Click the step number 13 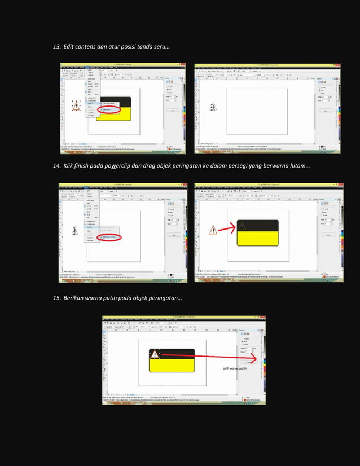point(56,45)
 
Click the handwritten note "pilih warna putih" point(235,368)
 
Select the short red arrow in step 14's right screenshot point(226,229)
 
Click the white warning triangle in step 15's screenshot point(155,354)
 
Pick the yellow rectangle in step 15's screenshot point(172,366)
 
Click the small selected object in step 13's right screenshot point(213,107)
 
